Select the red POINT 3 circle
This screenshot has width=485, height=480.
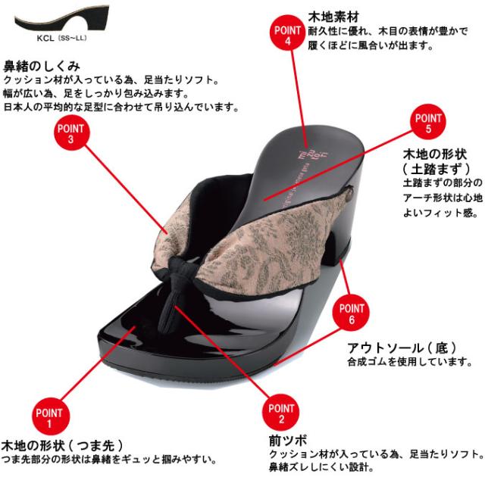(x=70, y=133)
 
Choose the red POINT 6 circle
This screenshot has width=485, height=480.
(x=352, y=313)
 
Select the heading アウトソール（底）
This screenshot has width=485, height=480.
(x=402, y=348)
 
